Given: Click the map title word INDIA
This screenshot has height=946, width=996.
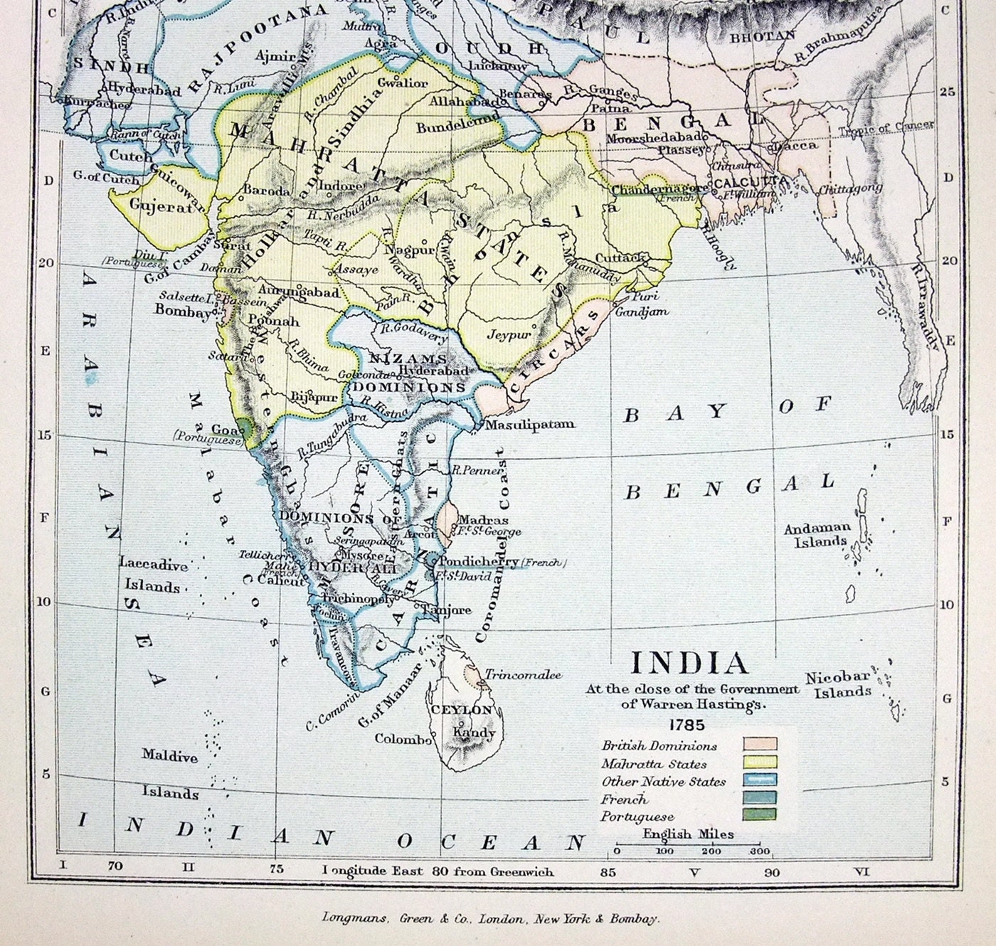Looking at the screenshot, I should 690,664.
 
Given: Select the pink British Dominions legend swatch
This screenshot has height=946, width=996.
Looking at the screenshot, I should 760,745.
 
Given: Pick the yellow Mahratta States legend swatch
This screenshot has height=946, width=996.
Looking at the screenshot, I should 760,762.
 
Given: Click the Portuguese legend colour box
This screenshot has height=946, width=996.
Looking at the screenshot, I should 760,814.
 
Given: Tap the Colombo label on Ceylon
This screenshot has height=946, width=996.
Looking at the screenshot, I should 403,738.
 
